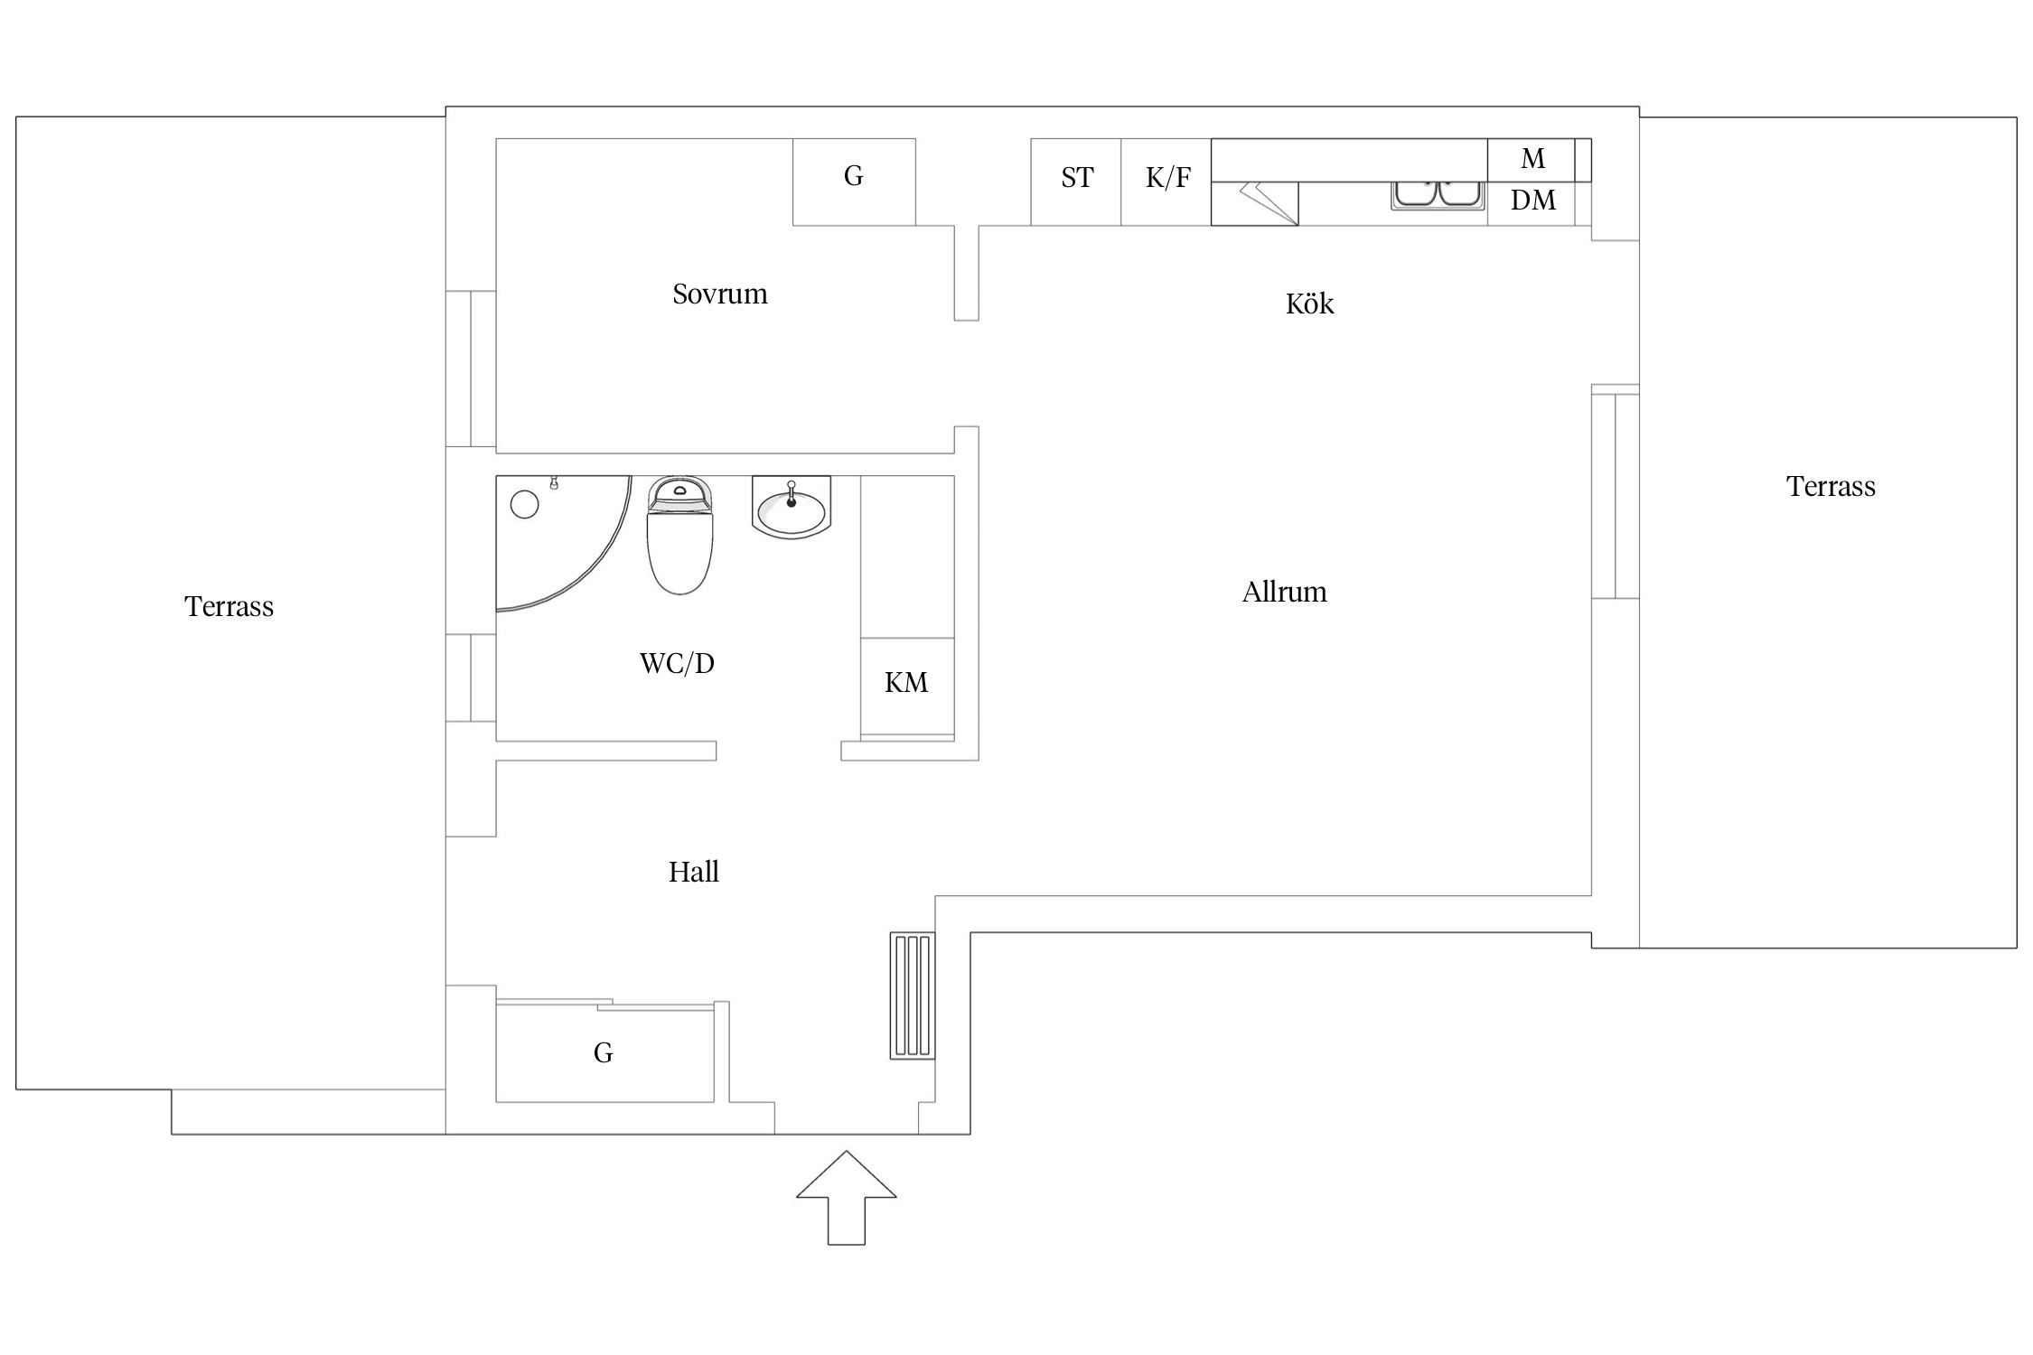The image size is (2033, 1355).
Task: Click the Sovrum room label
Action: click(720, 294)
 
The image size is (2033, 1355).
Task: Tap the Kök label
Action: click(1309, 304)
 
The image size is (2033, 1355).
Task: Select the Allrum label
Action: click(1284, 593)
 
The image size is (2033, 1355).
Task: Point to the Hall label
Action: click(694, 872)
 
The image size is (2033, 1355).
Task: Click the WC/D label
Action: click(677, 664)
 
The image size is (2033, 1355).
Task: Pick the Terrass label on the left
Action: click(229, 606)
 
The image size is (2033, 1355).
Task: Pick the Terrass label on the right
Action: click(1831, 487)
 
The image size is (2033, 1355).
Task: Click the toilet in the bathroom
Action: click(680, 535)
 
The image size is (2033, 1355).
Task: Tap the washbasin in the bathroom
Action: click(791, 507)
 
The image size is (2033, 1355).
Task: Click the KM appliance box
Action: click(907, 687)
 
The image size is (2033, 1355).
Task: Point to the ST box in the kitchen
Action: click(1076, 182)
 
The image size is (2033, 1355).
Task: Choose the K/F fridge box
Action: click(1166, 182)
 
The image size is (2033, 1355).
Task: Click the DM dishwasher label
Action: click(1533, 201)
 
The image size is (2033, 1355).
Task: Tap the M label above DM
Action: click(1532, 159)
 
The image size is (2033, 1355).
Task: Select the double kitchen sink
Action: click(1438, 195)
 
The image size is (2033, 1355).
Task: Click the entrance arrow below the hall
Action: click(847, 1197)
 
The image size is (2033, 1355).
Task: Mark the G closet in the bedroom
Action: click(854, 182)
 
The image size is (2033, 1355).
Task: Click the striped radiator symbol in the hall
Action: click(913, 995)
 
